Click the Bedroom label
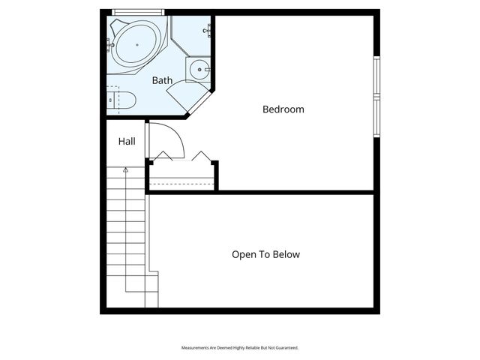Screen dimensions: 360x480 coord(283,109)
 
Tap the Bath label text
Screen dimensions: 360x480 coord(162,80)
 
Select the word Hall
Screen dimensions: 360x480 coord(127,141)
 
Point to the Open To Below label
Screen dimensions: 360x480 coord(265,254)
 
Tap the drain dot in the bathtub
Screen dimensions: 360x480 coord(137,45)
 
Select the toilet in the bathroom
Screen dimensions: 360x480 coord(119,99)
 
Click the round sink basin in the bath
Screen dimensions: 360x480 coord(199,70)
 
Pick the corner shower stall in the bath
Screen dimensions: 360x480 coord(191,35)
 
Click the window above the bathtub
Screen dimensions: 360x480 coord(137,11)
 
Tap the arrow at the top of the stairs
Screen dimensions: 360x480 coord(125,171)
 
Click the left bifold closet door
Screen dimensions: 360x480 coord(163,156)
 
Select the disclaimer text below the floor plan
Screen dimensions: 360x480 coord(240,348)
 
